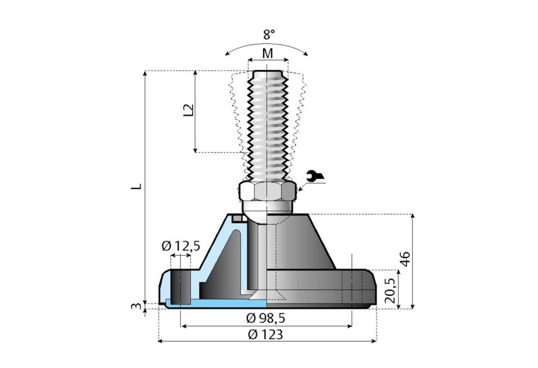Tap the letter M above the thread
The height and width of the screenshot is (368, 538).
click(268, 53)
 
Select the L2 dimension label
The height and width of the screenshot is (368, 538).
click(189, 110)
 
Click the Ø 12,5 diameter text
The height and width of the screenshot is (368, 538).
click(181, 246)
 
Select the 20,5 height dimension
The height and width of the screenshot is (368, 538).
click(389, 289)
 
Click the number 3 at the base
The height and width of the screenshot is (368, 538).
click(137, 307)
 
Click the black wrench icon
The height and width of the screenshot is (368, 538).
click(314, 177)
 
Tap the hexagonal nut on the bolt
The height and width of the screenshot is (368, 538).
click(267, 193)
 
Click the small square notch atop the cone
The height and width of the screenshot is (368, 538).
click(236, 217)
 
